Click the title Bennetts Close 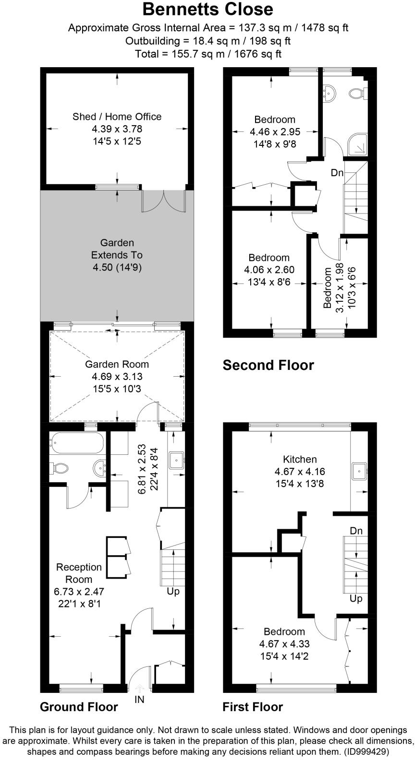coord(207,9)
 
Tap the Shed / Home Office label coord(117,117)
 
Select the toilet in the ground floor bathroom coord(58,468)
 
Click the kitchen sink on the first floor coord(359,471)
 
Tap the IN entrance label coord(139,700)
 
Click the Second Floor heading coord(268,366)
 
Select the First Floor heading coord(253,707)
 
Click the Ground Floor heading coord(79,707)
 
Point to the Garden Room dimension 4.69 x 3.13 coord(117,377)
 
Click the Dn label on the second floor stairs coord(337,173)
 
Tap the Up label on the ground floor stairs coord(173,592)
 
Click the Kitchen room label coord(300,459)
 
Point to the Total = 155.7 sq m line coord(207,54)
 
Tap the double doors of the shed coord(163,201)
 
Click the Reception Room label coord(79,573)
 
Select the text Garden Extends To coord(117,249)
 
